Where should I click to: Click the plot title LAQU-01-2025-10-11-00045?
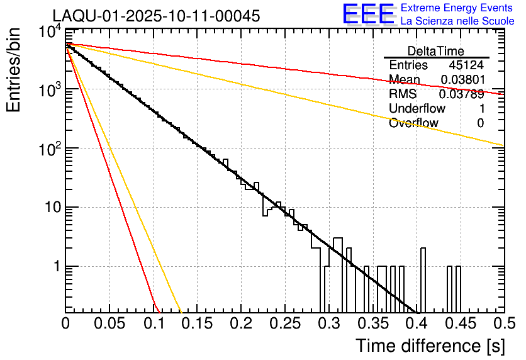pyautogui.click(x=156, y=16)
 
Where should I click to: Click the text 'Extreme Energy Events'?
pyautogui.click(x=457, y=8)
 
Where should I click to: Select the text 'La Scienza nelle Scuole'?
pyautogui.click(x=457, y=21)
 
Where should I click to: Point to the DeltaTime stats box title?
pyautogui.click(x=436, y=51)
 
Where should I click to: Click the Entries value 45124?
pyautogui.click(x=466, y=65)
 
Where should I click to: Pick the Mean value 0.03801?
pyautogui.click(x=462, y=80)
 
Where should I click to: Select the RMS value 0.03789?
pyautogui.click(x=462, y=94)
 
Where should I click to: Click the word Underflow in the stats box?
pyautogui.click(x=417, y=109)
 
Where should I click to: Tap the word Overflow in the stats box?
pyautogui.click(x=413, y=123)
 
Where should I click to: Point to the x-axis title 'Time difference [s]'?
pyautogui.click(x=429, y=346)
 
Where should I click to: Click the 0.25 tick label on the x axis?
pyautogui.click(x=284, y=324)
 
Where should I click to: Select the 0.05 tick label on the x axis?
pyautogui.click(x=109, y=324)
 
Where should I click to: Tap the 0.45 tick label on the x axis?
pyautogui.click(x=460, y=324)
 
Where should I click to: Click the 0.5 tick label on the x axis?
pyautogui.click(x=503, y=324)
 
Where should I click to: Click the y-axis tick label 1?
pyautogui.click(x=54, y=266)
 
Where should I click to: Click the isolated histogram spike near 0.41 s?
pyautogui.click(x=423, y=277)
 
